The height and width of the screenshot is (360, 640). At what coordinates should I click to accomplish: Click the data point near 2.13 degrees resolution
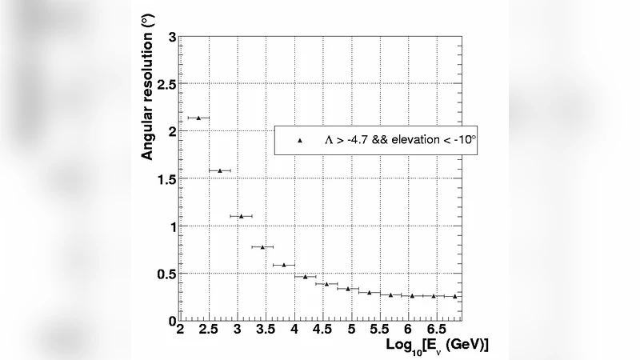pos(198,118)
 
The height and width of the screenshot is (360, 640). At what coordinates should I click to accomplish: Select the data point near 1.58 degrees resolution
pos(220,170)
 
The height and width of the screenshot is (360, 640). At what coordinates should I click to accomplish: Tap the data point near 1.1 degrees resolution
pos(241,216)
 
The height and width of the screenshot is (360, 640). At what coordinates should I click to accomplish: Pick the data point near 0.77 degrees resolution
pos(262,247)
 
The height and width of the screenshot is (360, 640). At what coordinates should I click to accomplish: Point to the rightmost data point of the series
pos(455,296)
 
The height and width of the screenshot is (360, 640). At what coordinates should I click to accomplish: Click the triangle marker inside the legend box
pos(300,140)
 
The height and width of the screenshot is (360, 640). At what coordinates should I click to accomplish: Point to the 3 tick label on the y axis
pos(172,37)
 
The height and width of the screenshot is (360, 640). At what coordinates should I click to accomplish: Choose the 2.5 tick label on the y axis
pos(166,85)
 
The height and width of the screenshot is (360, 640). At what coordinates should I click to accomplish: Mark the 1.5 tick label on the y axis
pos(166,179)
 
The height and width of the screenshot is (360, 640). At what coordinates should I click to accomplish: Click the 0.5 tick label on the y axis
pos(166,274)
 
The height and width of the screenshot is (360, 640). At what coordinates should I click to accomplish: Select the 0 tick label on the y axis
pos(172,321)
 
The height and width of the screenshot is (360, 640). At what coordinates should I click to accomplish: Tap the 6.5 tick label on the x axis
pos(437,330)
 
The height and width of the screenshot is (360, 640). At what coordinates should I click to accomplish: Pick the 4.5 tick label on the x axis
pos(323,330)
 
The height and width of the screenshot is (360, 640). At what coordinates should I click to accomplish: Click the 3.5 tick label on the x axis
pos(266,330)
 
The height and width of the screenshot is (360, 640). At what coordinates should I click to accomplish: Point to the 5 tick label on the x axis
pos(352,330)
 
